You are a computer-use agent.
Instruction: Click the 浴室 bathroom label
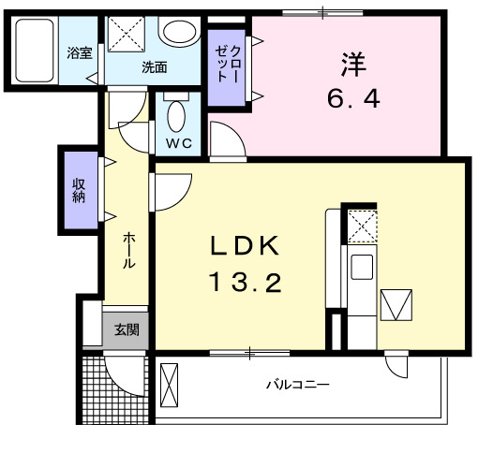pos(80,53)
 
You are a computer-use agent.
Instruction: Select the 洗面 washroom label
pos(155,66)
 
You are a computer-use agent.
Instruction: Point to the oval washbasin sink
pos(179,32)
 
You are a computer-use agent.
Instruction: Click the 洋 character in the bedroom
pos(353,64)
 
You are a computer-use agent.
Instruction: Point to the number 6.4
pos(353,97)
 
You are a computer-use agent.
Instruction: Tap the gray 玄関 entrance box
pos(127,329)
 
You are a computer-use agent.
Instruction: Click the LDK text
pos(244,245)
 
